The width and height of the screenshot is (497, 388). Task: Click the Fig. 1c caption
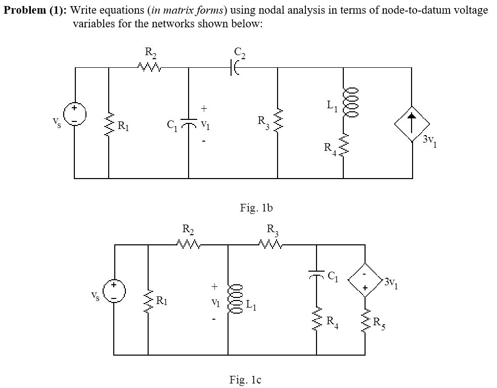point(246,379)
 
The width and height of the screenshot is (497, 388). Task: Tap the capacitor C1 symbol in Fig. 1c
point(317,275)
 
